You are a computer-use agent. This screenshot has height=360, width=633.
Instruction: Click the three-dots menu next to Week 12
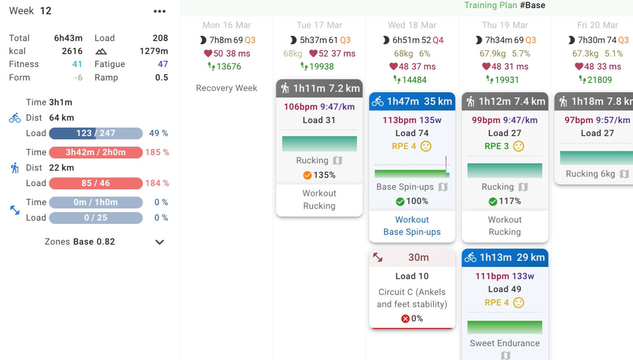pos(160,11)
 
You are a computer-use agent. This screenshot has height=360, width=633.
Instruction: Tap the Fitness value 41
pos(77,64)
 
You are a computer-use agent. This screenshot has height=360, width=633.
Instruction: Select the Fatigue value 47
pos(163,64)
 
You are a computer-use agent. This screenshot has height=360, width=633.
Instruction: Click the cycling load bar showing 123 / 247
pos(96,133)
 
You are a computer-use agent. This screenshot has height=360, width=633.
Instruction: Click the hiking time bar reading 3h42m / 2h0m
pos(96,152)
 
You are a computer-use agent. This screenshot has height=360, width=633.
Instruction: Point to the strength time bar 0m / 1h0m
pos(96,202)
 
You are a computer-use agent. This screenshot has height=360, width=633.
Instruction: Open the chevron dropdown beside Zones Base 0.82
pos(160,242)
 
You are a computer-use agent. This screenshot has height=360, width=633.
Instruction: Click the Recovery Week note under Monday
pos(226,88)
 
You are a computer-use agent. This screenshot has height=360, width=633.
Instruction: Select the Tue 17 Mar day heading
pos(319,25)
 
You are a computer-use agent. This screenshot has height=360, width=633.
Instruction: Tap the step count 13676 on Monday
pos(229,67)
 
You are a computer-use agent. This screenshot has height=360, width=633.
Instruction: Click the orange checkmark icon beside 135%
pos(308,175)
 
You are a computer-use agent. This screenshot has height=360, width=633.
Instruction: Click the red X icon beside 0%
pos(405,319)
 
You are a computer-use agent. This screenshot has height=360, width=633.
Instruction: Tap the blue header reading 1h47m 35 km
pos(412,102)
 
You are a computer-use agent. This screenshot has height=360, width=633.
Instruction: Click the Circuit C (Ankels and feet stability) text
pos(412,298)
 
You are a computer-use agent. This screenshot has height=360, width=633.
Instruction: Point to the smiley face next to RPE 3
pos(518,146)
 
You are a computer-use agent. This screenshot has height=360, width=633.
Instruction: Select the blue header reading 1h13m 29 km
pos(505,258)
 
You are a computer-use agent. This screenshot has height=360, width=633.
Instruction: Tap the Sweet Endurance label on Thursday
pos(505,343)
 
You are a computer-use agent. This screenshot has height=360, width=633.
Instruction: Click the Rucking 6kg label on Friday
pos(590,174)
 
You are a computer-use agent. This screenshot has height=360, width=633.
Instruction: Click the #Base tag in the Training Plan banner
pos(533,5)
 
